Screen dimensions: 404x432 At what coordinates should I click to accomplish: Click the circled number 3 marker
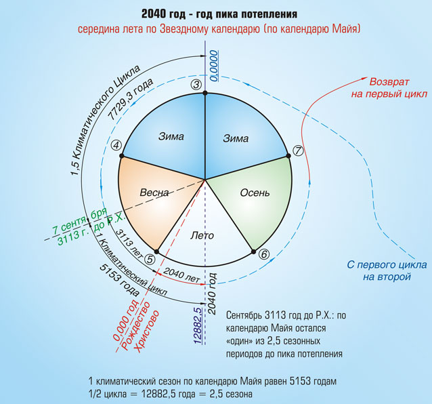tap(196, 85)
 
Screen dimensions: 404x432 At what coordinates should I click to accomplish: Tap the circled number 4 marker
tap(116, 144)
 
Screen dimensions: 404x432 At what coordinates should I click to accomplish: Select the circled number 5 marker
tap(150, 258)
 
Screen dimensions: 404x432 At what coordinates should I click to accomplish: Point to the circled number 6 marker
tap(264, 254)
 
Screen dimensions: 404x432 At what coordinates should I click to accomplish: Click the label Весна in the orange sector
tap(154, 193)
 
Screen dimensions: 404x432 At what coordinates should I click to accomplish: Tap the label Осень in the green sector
tap(255, 193)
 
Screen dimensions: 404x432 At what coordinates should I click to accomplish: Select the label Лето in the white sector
tap(203, 236)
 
